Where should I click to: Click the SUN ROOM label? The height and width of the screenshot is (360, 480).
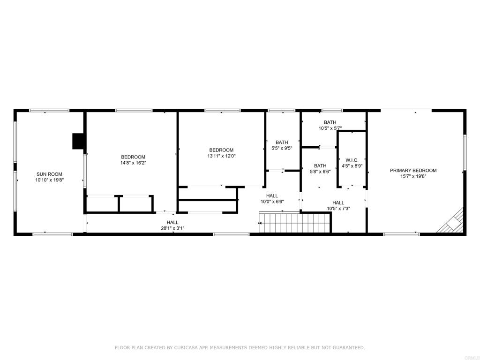coord(49,174)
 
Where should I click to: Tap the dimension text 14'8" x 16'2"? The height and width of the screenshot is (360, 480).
coord(133,163)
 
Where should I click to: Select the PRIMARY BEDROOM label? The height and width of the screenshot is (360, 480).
coord(413,171)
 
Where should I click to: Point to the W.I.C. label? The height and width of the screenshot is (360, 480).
coord(352,160)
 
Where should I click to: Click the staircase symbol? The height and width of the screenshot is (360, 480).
coord(295,222)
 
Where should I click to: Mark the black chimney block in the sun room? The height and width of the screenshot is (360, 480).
coord(78,141)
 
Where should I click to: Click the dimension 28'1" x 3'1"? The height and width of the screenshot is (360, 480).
coord(172,228)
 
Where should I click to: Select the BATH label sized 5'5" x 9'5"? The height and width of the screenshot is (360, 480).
coord(282,142)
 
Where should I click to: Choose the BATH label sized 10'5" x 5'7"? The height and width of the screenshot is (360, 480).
coord(330,122)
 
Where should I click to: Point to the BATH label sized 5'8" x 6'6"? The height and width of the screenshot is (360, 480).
coord(320,165)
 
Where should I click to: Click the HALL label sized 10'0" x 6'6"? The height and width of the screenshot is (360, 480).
coord(272,196)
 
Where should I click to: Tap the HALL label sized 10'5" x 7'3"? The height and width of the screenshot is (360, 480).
coord(338,202)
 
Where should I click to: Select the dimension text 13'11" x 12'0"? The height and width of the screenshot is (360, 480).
coord(221,156)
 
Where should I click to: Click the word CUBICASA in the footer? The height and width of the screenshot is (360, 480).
coord(185,347)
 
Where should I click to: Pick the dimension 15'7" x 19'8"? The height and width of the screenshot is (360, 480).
coord(413,176)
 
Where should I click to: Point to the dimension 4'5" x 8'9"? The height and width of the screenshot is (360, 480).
coord(352,166)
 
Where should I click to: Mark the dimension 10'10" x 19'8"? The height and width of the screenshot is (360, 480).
coord(49,180)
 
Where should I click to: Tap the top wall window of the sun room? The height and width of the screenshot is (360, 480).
coord(49,111)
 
